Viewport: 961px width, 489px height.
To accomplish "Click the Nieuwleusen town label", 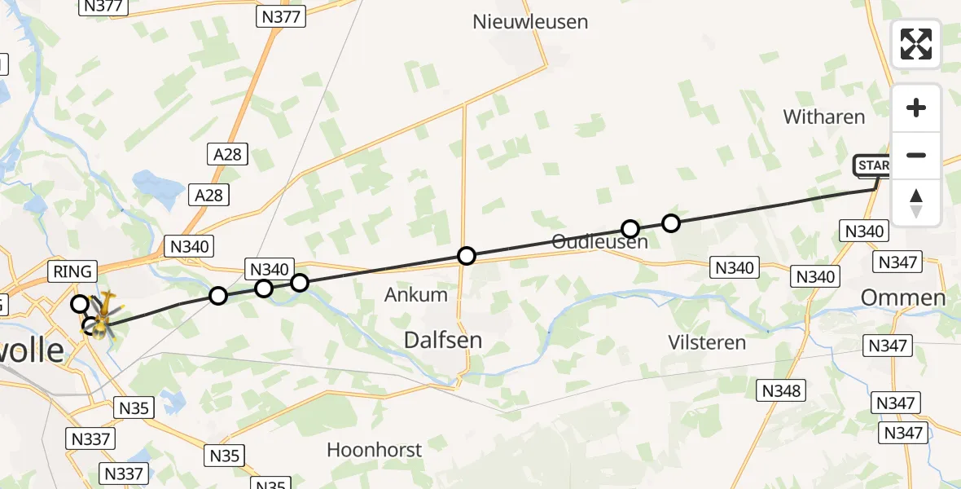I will [x=530, y=22].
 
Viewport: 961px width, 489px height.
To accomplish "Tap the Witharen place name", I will [x=823, y=117].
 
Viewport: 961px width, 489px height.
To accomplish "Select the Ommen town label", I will [x=903, y=297].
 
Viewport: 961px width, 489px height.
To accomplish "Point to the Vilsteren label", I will [x=705, y=342].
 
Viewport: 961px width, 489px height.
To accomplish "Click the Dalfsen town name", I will [x=443, y=340].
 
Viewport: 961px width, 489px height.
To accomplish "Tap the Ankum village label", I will [x=416, y=294].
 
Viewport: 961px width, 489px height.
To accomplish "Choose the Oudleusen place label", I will [x=599, y=242].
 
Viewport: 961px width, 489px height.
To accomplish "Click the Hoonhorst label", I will [x=374, y=449].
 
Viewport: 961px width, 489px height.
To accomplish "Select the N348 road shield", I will [x=782, y=390].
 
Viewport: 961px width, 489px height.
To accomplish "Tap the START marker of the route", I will [x=873, y=166].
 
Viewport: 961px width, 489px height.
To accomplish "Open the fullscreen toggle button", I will [x=916, y=44].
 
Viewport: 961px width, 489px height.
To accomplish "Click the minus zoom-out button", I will [x=916, y=155].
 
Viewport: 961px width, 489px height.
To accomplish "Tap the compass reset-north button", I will [x=916, y=202].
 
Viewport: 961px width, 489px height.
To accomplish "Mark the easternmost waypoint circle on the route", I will [x=670, y=222].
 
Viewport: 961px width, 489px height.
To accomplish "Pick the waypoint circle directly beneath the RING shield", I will [x=80, y=304].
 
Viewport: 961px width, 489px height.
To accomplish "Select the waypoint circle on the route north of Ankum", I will [x=466, y=256].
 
